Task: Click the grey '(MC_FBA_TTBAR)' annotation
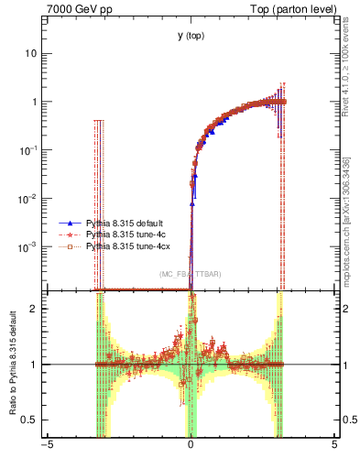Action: pos(190,274)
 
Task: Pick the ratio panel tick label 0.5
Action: pos(34,420)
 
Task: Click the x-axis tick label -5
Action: pos(47,451)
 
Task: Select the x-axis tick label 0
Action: pos(191,451)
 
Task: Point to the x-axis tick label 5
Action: pos(334,451)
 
